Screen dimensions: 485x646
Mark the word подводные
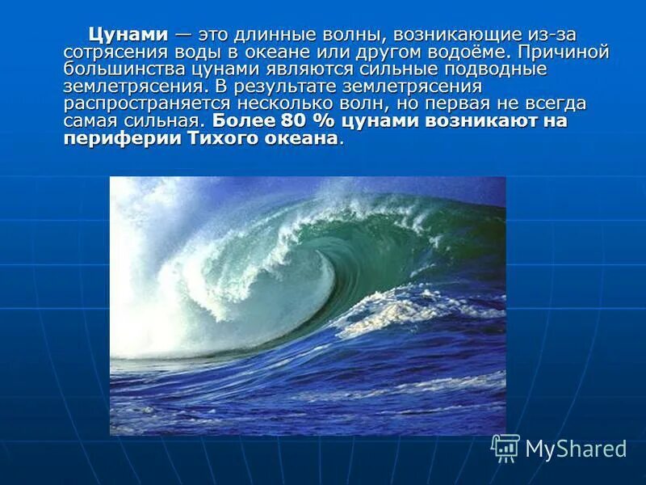505,70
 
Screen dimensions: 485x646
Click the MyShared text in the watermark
576,449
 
